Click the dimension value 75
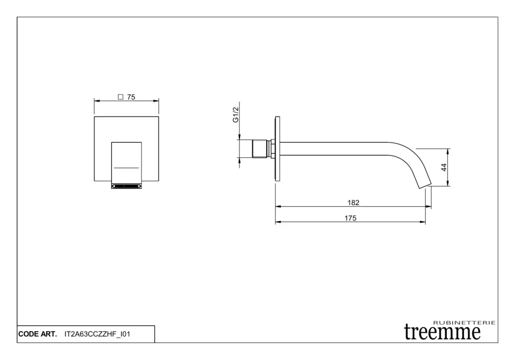(131, 97)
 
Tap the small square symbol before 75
(121, 97)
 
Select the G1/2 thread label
(236, 115)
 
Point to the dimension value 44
(444, 167)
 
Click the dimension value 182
(353, 203)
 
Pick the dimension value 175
(350, 218)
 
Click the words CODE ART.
(37, 334)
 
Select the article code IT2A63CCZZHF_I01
(97, 334)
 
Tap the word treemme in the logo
(442, 332)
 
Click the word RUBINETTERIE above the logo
(465, 323)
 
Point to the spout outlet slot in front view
(126, 186)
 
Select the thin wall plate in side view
(277, 148)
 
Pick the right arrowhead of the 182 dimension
(428, 206)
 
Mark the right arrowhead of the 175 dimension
(422, 222)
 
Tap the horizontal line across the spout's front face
(127, 168)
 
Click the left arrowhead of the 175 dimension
(278, 222)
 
